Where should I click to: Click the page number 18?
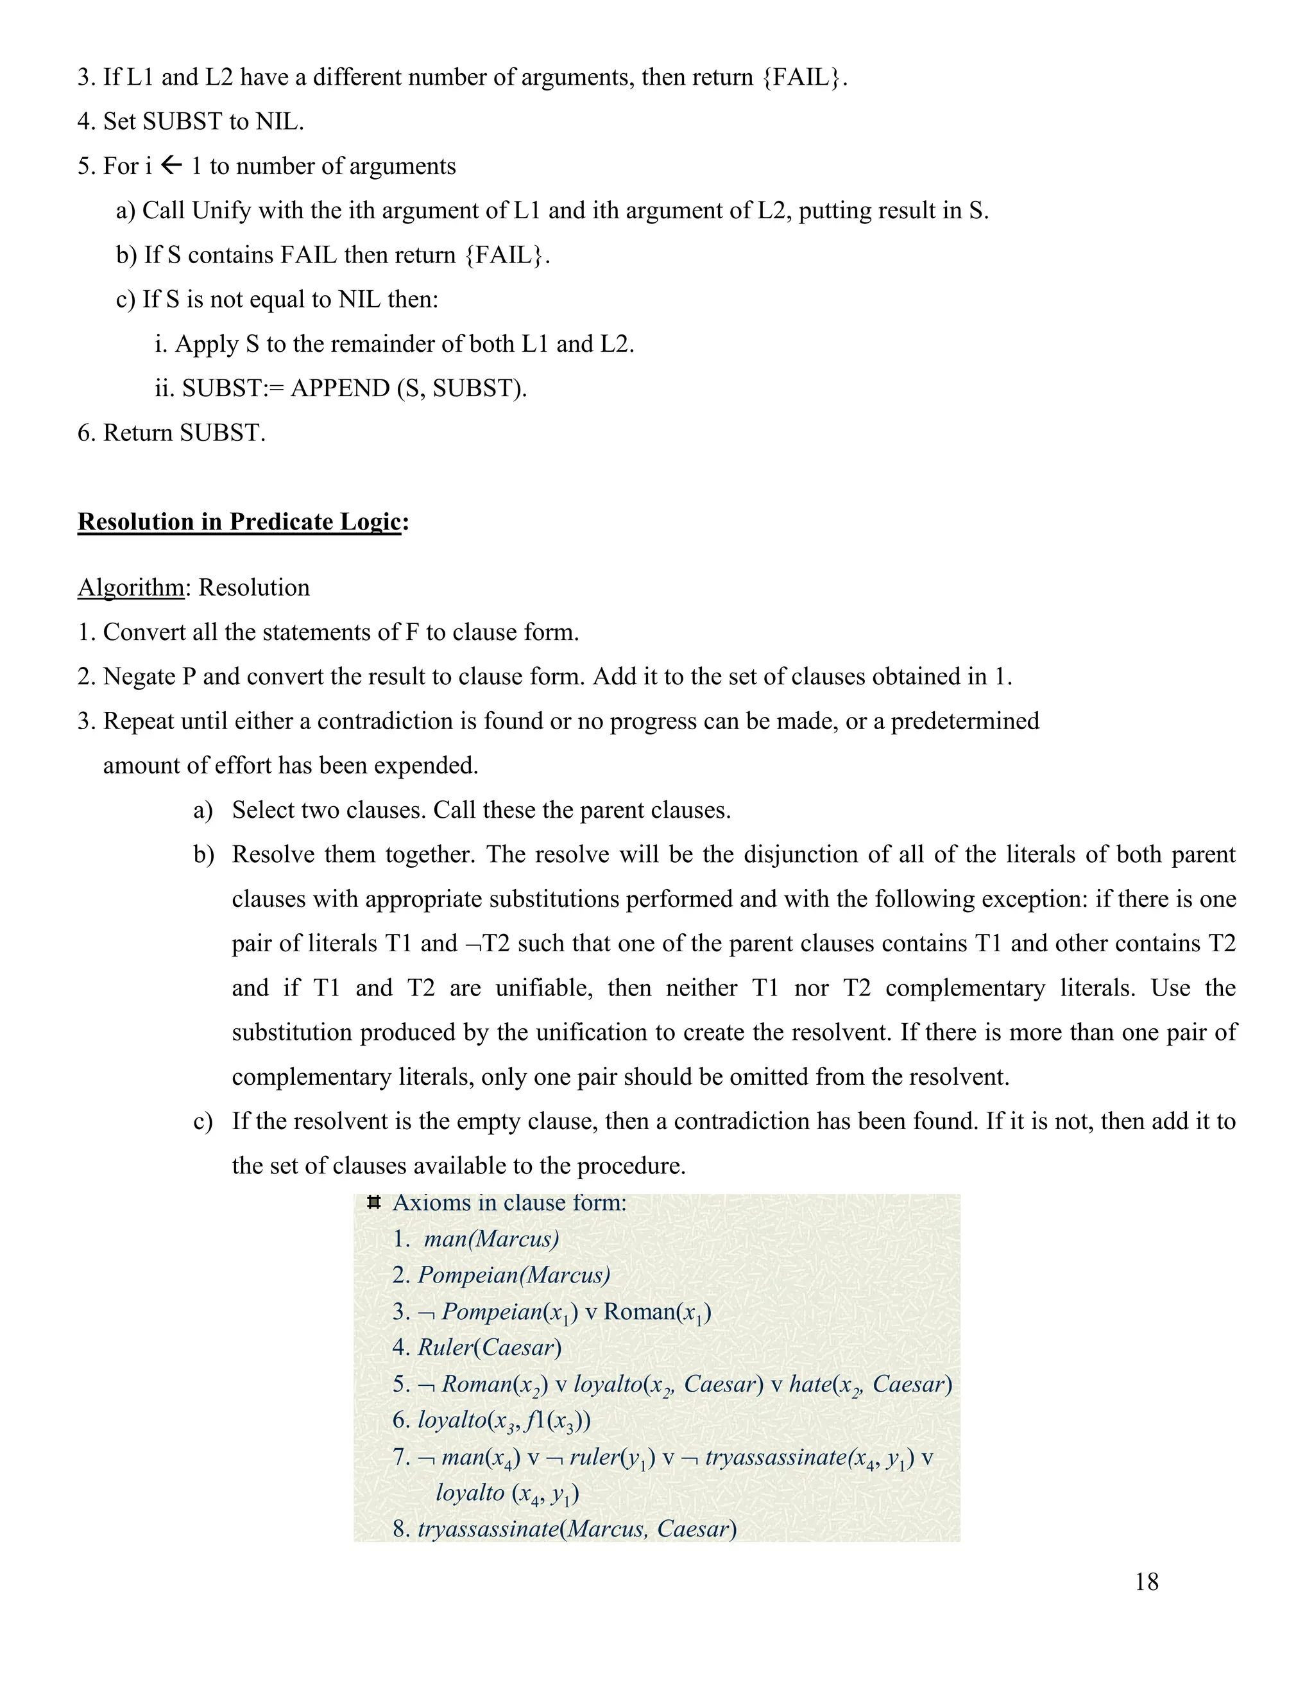[x=1146, y=1581]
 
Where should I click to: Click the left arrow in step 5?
[x=171, y=165]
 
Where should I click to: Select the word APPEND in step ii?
[x=339, y=388]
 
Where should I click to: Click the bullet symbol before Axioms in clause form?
[x=373, y=1202]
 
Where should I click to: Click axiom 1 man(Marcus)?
[x=490, y=1238]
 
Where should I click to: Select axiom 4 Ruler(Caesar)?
[x=489, y=1347]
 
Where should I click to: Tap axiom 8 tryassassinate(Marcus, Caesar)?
[x=576, y=1528]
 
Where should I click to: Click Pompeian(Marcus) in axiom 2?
[x=514, y=1274]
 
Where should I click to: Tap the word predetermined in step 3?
[x=964, y=720]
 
